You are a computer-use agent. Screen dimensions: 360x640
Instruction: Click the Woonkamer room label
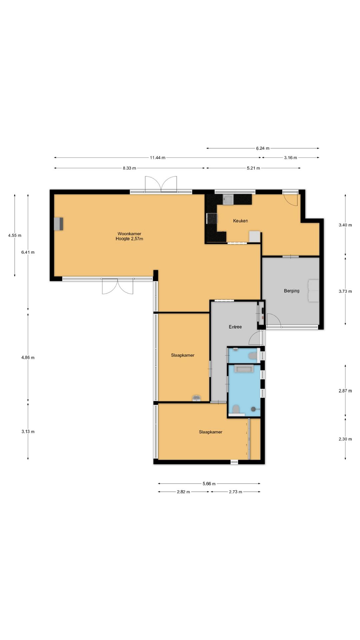(129, 234)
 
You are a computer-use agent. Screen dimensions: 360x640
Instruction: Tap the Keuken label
(240, 221)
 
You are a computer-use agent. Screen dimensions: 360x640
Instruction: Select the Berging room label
(292, 291)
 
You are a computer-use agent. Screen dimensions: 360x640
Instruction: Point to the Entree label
(235, 327)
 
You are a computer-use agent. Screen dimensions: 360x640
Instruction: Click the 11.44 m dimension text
(158, 158)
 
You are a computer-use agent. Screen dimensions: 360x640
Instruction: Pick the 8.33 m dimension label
(129, 168)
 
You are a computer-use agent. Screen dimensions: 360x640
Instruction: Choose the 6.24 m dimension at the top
(263, 148)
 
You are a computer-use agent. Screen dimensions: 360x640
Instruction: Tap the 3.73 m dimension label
(345, 291)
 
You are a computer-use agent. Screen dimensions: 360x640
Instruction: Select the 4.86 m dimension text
(28, 358)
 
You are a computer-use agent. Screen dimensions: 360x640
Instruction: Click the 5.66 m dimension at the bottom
(209, 484)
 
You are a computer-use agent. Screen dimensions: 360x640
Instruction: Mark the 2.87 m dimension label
(345, 391)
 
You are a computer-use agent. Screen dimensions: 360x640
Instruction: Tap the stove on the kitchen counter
(212, 219)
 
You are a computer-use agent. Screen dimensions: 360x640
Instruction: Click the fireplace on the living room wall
(59, 224)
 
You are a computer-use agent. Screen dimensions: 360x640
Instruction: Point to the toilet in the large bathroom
(236, 409)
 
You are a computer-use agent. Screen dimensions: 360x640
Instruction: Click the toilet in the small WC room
(254, 356)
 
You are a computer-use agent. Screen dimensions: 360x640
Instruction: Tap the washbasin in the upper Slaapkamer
(196, 398)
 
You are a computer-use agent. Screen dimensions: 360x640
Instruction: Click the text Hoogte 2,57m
(129, 239)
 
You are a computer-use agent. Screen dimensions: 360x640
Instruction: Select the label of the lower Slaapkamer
(211, 432)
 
